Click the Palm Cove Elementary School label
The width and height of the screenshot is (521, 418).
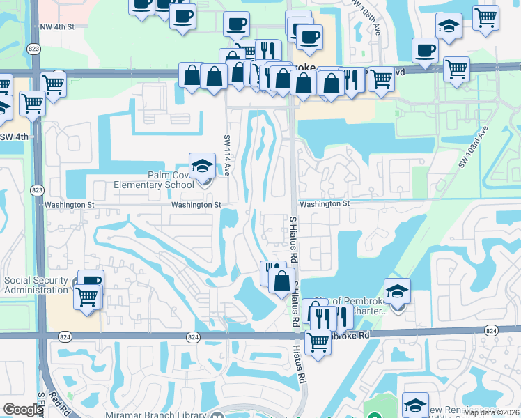155,180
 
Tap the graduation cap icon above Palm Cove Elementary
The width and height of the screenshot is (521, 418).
202,166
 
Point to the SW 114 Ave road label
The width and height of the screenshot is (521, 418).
227,155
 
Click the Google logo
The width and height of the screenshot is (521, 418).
23,410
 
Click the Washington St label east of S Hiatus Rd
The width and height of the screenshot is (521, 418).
324,203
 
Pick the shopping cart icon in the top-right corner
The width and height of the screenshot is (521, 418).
485,17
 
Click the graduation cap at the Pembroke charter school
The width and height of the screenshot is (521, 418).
397,291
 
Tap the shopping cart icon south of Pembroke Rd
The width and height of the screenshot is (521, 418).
318,343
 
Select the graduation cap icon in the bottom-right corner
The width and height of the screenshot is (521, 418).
415,405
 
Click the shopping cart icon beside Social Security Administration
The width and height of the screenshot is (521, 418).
88,296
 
